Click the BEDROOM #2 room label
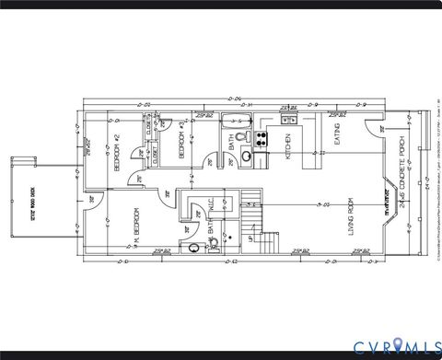(x=117, y=153)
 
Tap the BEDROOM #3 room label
(x=183, y=145)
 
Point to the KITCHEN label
(x=288, y=146)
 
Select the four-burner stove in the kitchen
(x=262, y=139)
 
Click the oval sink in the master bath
(x=194, y=248)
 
